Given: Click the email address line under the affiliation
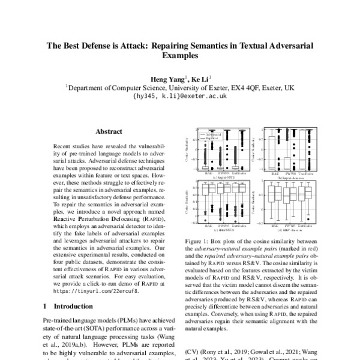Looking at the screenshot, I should tap(180, 95).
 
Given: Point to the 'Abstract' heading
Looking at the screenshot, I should tap(109, 131).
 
